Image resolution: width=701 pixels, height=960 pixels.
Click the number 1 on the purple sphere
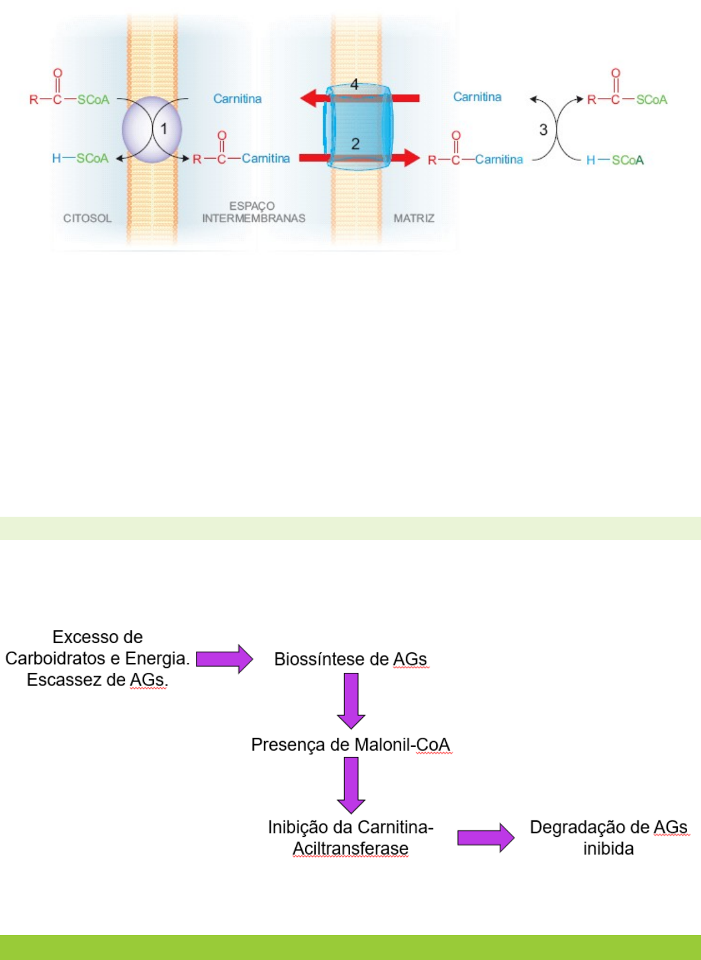coord(164,129)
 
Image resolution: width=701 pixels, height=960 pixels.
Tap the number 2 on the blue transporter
coord(355,144)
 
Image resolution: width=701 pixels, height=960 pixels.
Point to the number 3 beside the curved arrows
coord(543,130)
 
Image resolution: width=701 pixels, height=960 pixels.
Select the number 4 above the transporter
coord(355,85)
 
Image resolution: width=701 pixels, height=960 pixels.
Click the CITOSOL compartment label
coord(87,218)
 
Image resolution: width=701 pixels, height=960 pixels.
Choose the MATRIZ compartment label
coord(414,218)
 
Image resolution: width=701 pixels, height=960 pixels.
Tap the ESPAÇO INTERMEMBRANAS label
coord(254,212)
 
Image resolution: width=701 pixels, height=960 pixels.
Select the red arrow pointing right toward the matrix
coord(404,158)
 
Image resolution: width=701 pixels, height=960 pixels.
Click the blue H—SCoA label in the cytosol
coord(80,158)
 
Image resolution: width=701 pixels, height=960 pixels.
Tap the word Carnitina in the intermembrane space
coord(237,99)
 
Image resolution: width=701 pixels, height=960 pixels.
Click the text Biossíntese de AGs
coord(350,660)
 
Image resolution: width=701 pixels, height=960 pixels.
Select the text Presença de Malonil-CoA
coord(350,745)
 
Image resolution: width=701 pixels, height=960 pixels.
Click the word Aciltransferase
coord(350,849)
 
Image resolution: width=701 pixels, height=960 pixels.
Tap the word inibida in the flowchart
coord(608,849)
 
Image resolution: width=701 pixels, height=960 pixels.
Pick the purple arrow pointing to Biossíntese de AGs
coord(224,660)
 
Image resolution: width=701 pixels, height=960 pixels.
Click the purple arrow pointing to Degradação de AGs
coord(485,838)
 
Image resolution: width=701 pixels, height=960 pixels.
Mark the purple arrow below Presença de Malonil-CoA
coord(351,785)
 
